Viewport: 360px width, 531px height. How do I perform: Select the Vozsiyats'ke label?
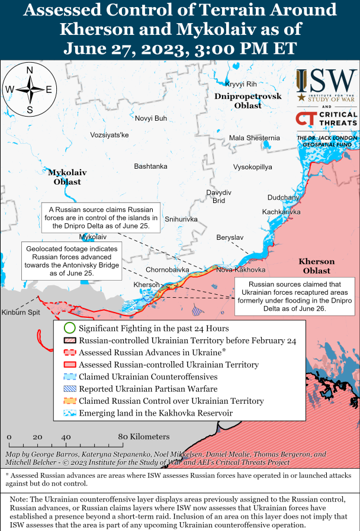(x=110, y=135)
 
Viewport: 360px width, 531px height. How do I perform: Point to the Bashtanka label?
(x=150, y=166)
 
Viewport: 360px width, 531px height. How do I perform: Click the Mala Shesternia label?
(x=255, y=138)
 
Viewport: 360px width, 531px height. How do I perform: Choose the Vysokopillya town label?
(x=253, y=167)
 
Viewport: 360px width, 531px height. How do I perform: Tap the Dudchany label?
(x=284, y=197)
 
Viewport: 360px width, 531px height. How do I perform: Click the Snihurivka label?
(x=181, y=219)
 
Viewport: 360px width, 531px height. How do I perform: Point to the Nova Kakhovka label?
(x=241, y=269)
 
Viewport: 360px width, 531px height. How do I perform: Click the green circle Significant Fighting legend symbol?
(x=69, y=328)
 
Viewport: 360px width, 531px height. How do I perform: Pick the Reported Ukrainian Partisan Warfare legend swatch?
(x=69, y=389)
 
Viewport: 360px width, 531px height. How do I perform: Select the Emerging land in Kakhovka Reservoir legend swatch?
(x=69, y=413)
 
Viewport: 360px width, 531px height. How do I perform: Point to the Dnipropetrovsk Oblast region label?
(x=238, y=101)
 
